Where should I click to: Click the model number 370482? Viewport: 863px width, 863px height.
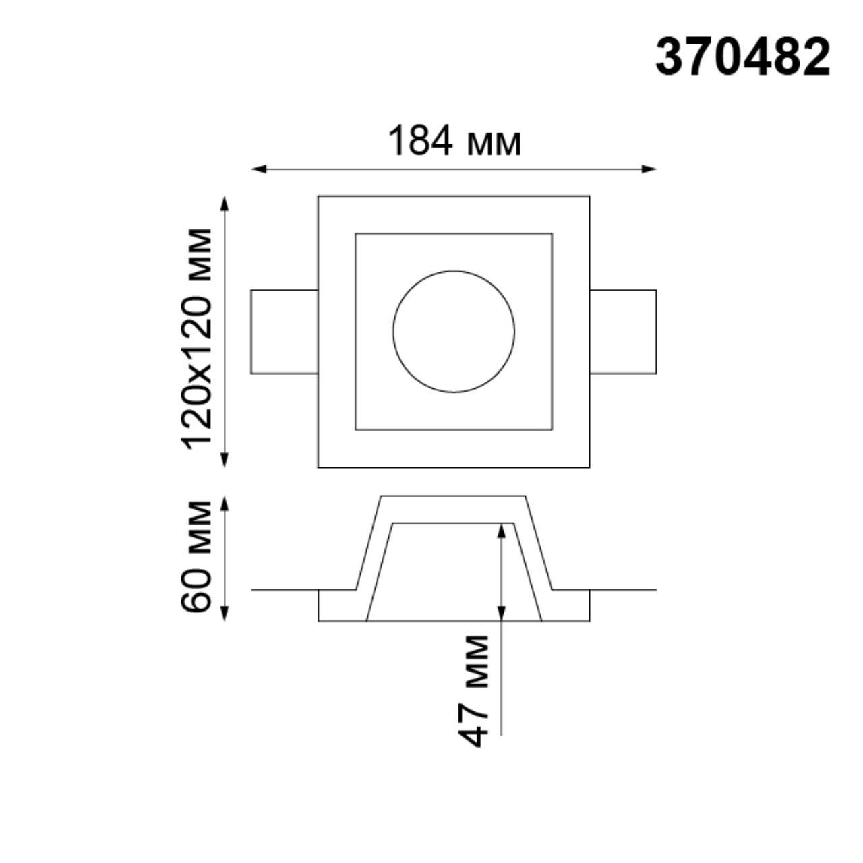click(x=743, y=58)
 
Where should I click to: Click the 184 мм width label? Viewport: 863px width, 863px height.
click(x=454, y=140)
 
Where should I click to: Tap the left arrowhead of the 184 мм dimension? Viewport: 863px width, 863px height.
click(x=258, y=169)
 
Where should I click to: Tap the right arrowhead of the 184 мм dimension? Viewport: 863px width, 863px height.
click(x=649, y=169)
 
